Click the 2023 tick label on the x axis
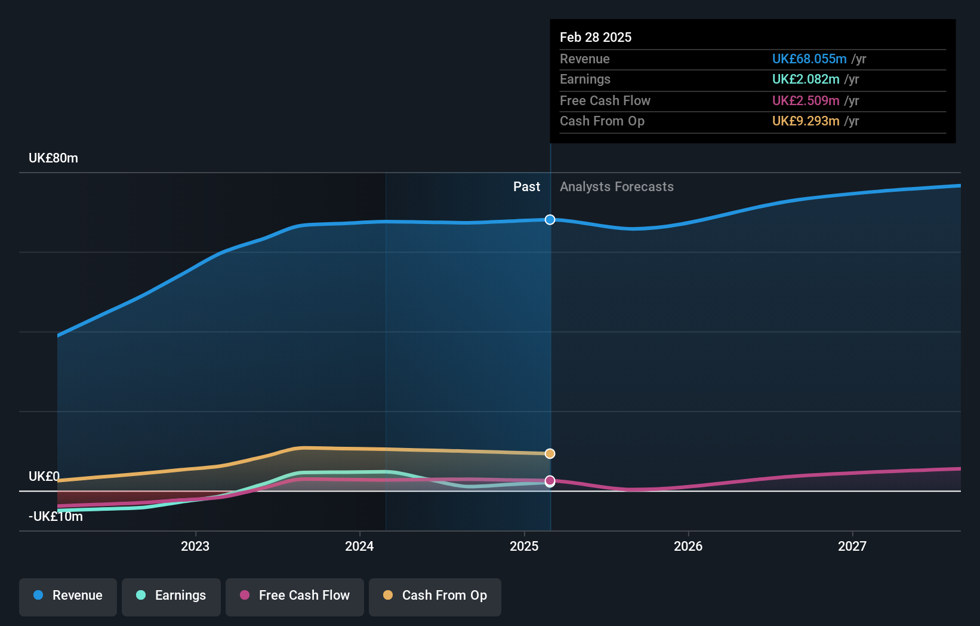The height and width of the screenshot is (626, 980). (x=195, y=546)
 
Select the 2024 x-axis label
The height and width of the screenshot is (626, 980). (x=359, y=546)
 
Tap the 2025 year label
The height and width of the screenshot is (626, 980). (x=524, y=546)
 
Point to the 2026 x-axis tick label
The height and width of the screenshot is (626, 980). (x=688, y=546)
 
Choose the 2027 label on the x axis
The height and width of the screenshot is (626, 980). (x=852, y=546)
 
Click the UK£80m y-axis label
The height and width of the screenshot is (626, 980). (x=53, y=158)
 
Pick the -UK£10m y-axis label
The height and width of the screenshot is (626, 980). (x=56, y=516)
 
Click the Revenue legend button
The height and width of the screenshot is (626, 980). (x=68, y=596)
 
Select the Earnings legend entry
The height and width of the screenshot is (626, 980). (x=171, y=596)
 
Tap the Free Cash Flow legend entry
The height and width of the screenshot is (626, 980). (x=295, y=596)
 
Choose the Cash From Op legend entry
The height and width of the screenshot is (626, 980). (x=435, y=596)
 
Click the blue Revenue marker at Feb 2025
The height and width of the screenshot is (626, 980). (x=550, y=220)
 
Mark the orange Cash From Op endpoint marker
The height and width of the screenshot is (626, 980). (x=550, y=454)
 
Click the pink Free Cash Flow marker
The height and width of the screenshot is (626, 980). (x=550, y=481)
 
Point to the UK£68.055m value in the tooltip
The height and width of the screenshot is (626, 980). (x=809, y=59)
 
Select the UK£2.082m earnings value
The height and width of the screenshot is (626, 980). (x=805, y=79)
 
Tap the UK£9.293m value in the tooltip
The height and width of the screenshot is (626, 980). (x=805, y=121)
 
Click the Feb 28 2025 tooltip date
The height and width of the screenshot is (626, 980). (x=595, y=37)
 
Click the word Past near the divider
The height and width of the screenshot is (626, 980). (x=526, y=187)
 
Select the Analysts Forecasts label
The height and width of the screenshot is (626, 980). (x=617, y=187)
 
